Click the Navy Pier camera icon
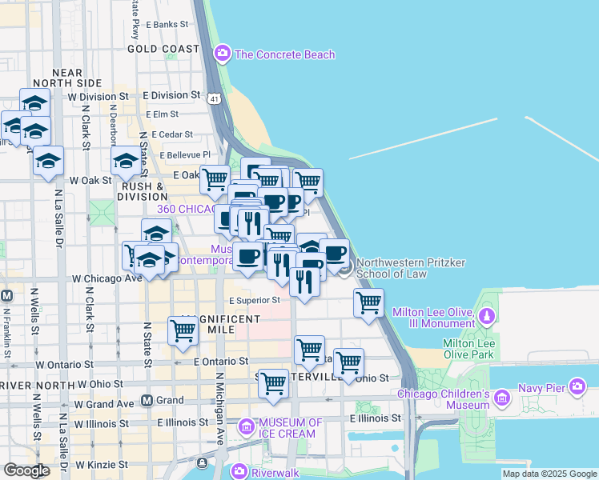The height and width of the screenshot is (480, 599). click(577, 388)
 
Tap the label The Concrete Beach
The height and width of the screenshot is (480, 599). click(284, 54)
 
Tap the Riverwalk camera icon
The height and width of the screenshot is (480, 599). click(239, 472)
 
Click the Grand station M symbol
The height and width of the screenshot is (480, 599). click(147, 400)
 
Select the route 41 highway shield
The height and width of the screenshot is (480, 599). click(213, 98)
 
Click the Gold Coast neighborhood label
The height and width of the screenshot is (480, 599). click(163, 49)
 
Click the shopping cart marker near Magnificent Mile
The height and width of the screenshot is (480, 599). click(183, 330)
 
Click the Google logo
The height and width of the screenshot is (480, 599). click(26, 470)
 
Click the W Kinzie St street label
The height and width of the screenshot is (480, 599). click(101, 464)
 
